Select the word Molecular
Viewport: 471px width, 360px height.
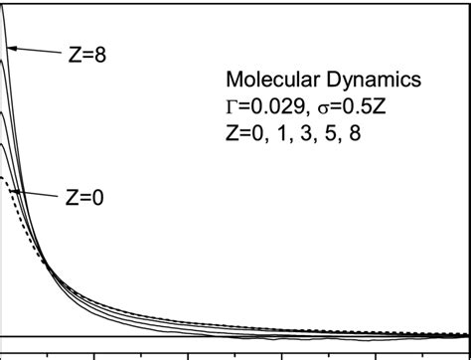coord(266,79)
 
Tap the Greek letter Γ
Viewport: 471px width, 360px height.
coord(232,104)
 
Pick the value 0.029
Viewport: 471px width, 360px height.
coord(271,104)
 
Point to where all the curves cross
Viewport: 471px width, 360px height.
coord(47,262)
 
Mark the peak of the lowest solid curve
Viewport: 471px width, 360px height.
coord(8,145)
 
